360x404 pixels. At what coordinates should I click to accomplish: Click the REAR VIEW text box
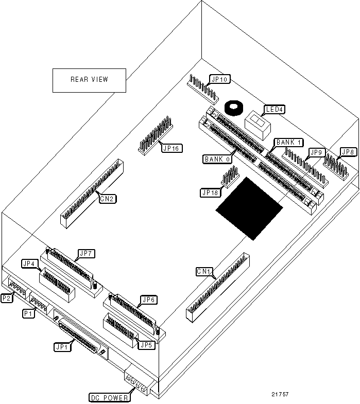point(89,80)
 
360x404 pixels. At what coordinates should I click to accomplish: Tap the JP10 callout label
point(220,80)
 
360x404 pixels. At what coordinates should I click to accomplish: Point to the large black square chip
point(249,208)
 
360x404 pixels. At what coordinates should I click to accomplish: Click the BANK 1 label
point(290,142)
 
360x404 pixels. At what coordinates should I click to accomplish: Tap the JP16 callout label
point(170,148)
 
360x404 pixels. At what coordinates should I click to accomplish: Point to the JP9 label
point(315,152)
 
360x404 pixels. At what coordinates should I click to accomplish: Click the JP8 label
point(349,152)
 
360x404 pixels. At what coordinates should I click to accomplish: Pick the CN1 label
point(204,271)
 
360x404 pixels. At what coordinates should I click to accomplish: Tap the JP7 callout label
point(84,254)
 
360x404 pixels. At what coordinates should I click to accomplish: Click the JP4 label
point(29,264)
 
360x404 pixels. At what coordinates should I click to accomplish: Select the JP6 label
point(148,300)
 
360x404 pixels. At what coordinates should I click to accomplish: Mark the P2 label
point(8,298)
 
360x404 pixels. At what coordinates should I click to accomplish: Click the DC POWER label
point(109,397)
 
